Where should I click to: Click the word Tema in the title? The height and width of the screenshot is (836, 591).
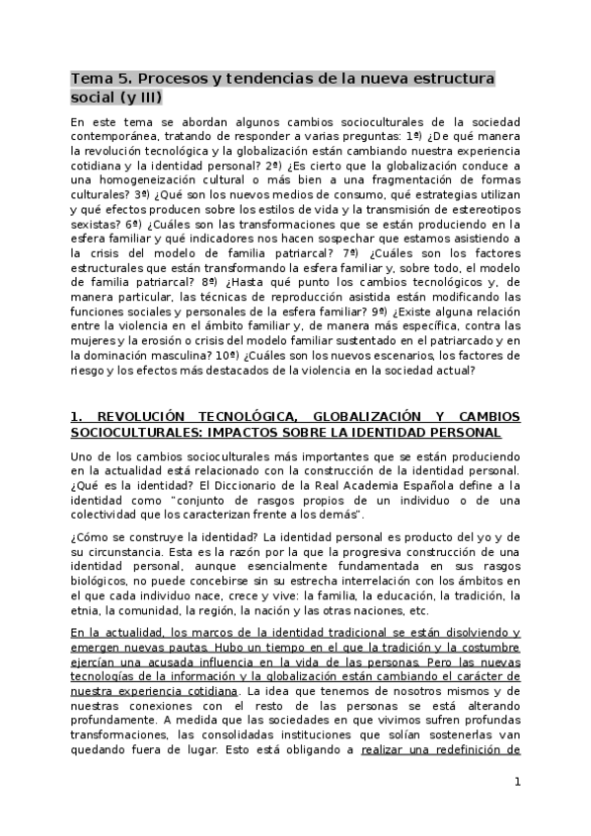click(x=91, y=78)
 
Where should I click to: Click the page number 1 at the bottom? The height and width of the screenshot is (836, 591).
click(x=516, y=784)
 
